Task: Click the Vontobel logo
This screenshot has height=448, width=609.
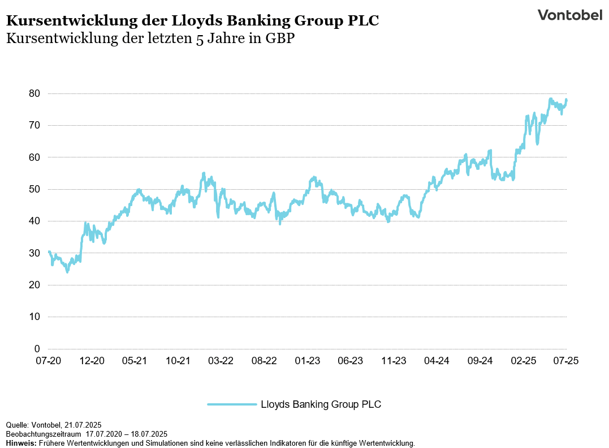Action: coord(569,15)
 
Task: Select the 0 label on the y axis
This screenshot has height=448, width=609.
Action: coord(37,349)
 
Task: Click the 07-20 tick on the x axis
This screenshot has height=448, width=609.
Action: coord(49,361)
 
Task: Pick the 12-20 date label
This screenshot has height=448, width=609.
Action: coord(92,361)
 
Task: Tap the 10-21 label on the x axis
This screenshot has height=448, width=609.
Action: coord(178,361)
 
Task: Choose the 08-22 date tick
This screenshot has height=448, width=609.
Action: coord(264,361)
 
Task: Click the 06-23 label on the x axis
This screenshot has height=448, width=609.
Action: coord(350,361)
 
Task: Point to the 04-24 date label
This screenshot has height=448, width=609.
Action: coord(437,361)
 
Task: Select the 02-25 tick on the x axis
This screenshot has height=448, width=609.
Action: coord(523,361)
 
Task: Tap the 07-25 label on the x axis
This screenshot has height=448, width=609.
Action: coord(566,361)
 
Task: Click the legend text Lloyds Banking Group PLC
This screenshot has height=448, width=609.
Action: coord(321,404)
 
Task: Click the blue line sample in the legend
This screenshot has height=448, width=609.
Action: coord(232,404)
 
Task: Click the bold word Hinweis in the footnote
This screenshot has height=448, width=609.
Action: coord(20,443)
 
